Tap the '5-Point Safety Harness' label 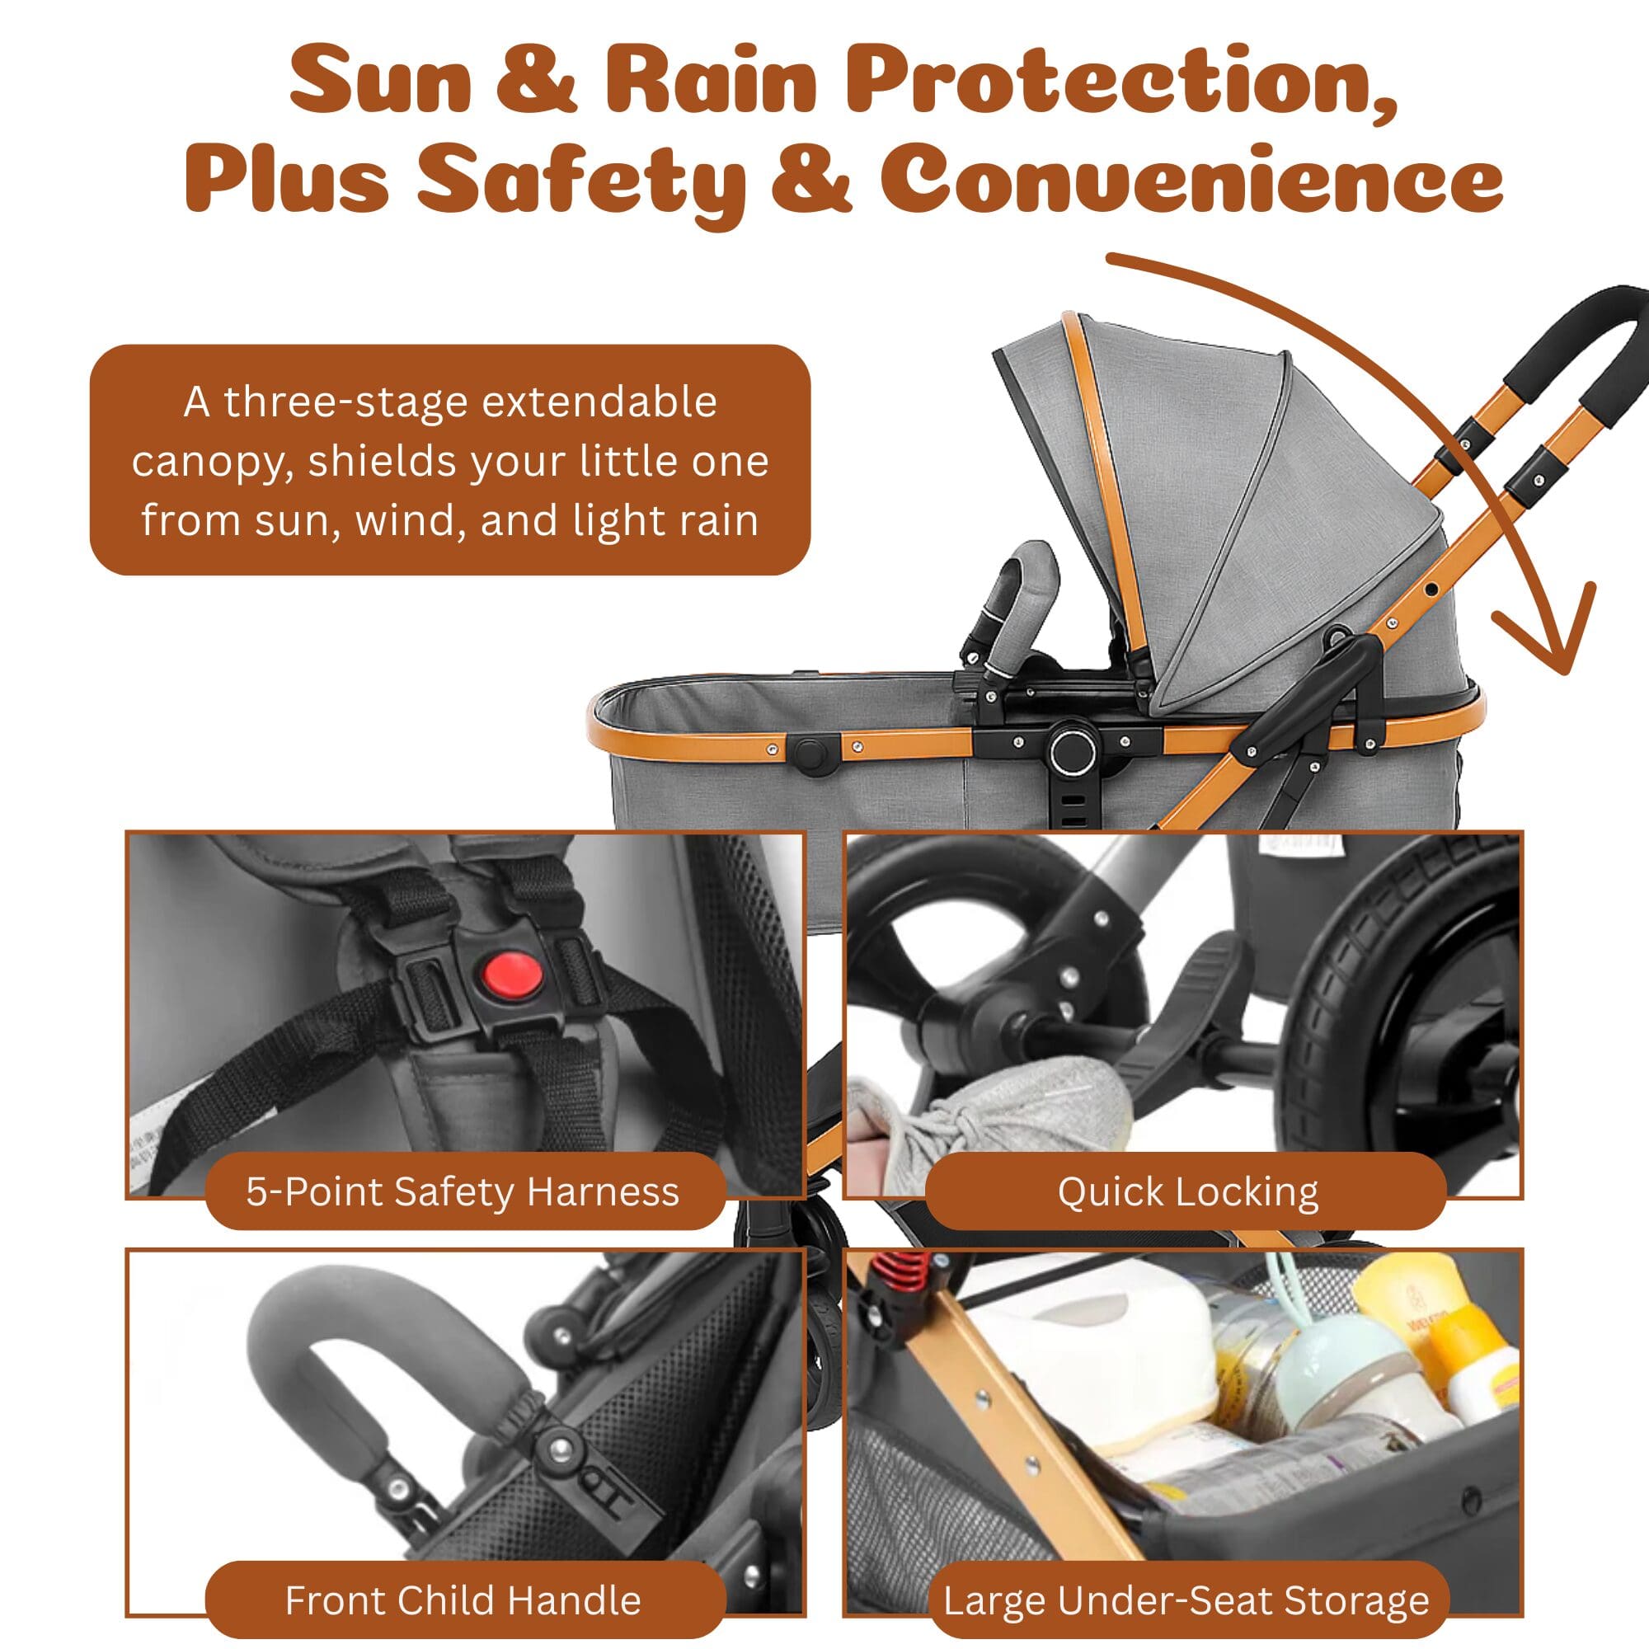click(x=463, y=1191)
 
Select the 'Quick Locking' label click(x=1188, y=1191)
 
